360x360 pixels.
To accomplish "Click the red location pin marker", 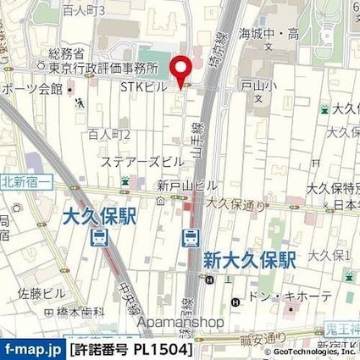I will [x=180, y=69].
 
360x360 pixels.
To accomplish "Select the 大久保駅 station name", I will [x=101, y=219].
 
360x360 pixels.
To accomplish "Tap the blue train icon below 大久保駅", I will [x=101, y=239].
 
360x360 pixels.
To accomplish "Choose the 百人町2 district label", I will [x=108, y=134].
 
